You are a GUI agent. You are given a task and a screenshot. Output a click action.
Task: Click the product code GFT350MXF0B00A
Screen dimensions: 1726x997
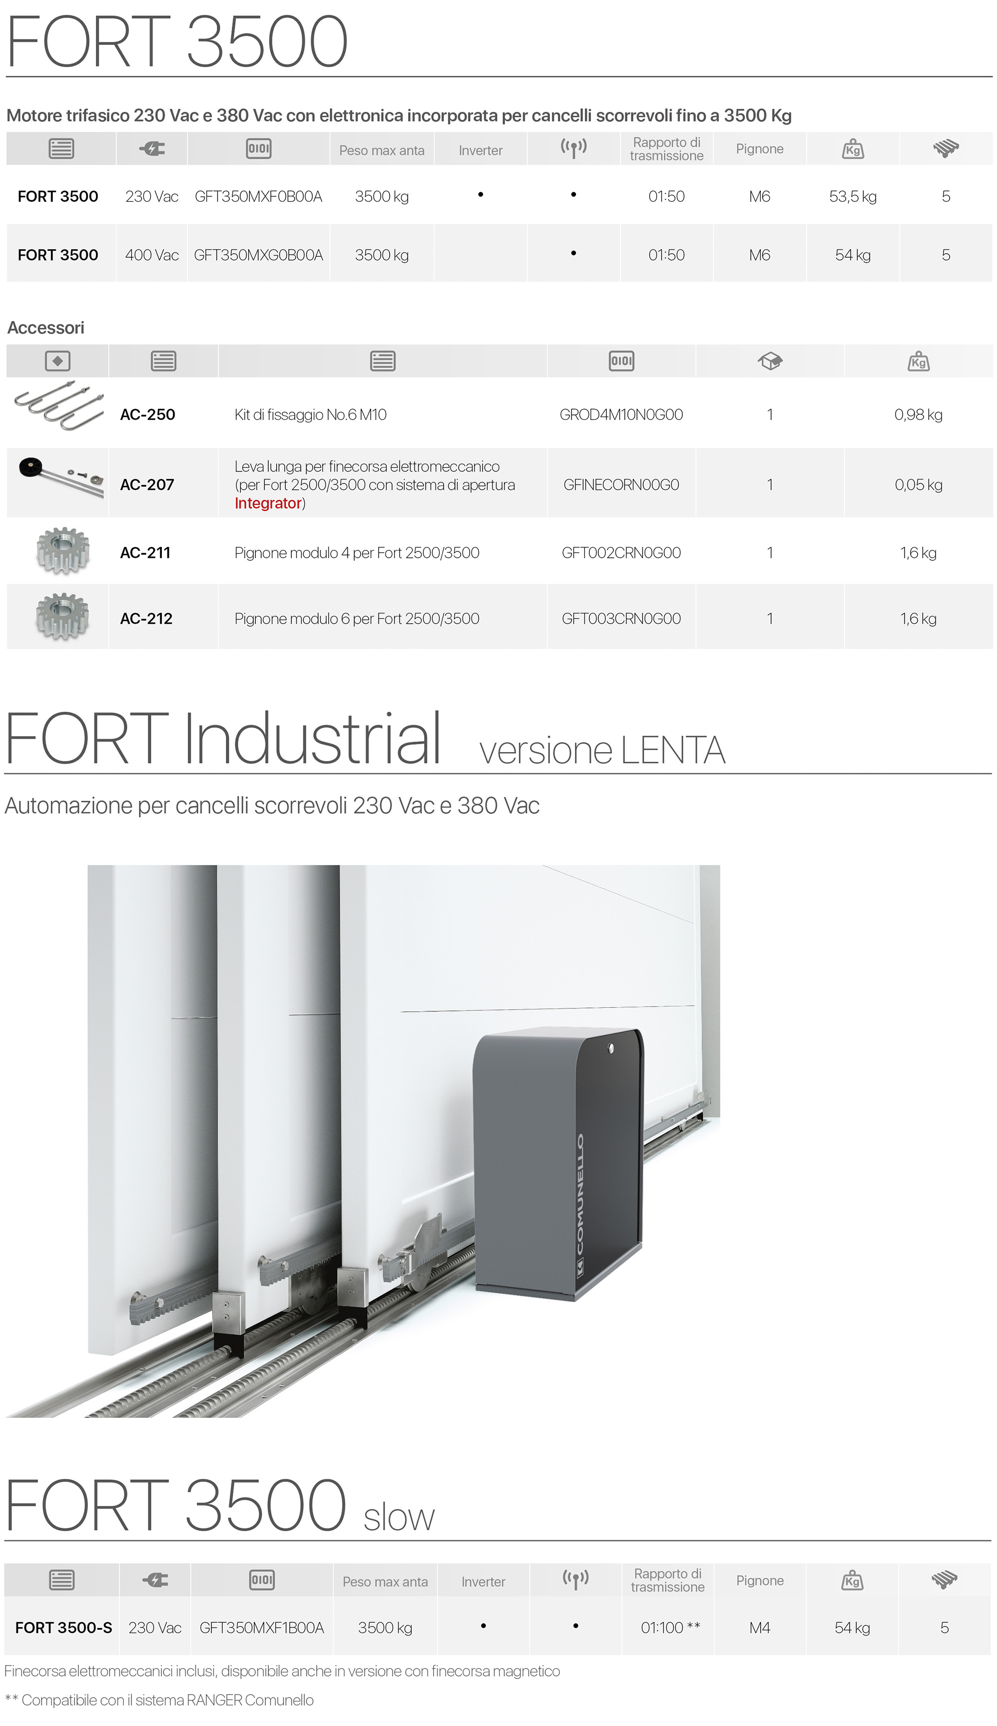(x=258, y=196)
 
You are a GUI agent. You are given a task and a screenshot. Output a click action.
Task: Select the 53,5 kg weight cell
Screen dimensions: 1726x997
(x=853, y=196)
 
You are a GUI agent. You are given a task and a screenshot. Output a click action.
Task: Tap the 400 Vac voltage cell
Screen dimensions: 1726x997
(x=151, y=255)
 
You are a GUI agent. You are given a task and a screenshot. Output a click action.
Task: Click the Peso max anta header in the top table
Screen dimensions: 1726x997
(x=382, y=150)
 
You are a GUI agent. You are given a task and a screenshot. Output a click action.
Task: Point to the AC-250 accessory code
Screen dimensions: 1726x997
(x=147, y=414)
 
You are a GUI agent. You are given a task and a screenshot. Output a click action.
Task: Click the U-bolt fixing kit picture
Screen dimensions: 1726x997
(x=59, y=406)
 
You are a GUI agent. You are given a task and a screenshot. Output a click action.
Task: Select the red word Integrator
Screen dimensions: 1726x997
(x=268, y=503)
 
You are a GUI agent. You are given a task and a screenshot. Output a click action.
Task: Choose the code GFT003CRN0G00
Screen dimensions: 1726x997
(x=621, y=618)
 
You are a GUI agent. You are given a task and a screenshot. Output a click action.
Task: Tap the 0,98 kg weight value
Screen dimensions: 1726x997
(x=918, y=414)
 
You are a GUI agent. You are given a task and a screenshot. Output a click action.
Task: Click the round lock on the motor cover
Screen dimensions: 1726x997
(x=611, y=1048)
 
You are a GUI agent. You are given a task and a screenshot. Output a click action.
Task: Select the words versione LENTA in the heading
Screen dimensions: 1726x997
(x=602, y=750)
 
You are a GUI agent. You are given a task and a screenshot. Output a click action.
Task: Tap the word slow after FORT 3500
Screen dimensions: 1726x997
(x=399, y=1518)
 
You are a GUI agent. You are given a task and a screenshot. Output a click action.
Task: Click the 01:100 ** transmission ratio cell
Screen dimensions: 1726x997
(x=670, y=1628)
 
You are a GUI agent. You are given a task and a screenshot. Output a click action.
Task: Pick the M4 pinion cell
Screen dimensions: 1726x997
(x=759, y=1628)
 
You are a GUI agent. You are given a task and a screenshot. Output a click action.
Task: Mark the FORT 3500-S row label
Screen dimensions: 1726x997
(x=63, y=1628)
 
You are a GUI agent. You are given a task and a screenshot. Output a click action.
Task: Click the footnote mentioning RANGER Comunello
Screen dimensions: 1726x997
(x=159, y=1700)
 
